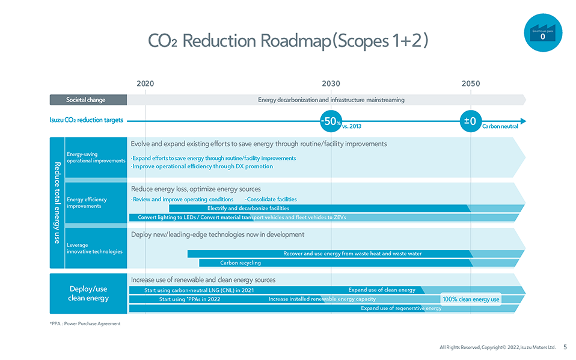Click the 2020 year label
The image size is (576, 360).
pos(146,84)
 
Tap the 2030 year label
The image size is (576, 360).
pos(331,84)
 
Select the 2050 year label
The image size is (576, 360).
pos(471,84)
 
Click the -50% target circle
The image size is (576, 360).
pos(331,121)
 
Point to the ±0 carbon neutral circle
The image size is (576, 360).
pos(470,121)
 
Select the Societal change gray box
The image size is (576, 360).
pos(88,100)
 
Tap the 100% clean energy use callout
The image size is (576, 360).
pos(471,299)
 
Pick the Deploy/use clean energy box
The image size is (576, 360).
pos(88,293)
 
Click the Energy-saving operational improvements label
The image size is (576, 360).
pos(96,157)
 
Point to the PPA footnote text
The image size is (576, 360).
pos(85,323)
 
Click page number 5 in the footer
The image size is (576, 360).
pos(565,347)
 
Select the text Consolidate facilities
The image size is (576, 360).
pos(271,199)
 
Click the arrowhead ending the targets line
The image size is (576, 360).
pos(522,121)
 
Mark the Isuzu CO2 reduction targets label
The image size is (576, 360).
pos(86,120)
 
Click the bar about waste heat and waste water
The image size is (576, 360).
pos(352,254)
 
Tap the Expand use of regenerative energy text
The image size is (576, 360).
pos(401,308)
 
